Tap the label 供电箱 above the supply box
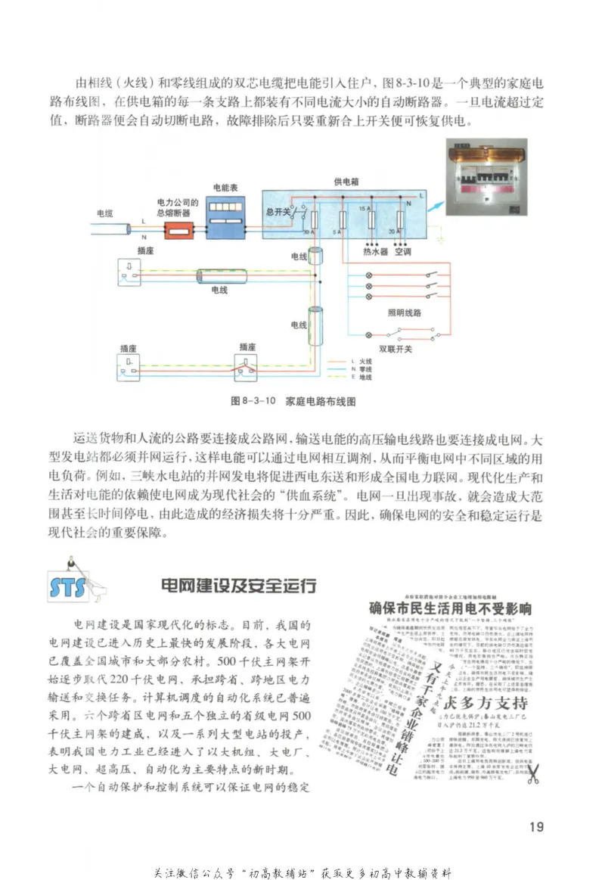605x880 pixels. coord(345,182)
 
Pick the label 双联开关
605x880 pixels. coord(396,349)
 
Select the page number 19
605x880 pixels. coord(536,826)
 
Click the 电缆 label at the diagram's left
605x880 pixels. coord(104,214)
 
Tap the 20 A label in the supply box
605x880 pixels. coord(391,232)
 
